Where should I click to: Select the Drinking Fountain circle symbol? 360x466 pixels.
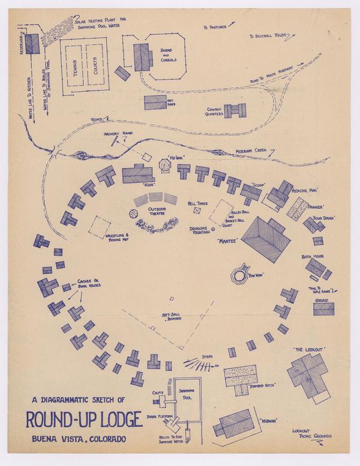212,229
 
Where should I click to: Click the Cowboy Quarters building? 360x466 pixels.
235,110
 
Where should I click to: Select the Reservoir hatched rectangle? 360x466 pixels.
32,43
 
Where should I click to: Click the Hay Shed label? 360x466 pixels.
172,101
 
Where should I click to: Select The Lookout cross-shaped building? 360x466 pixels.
308,372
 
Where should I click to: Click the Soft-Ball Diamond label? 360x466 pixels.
172,317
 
